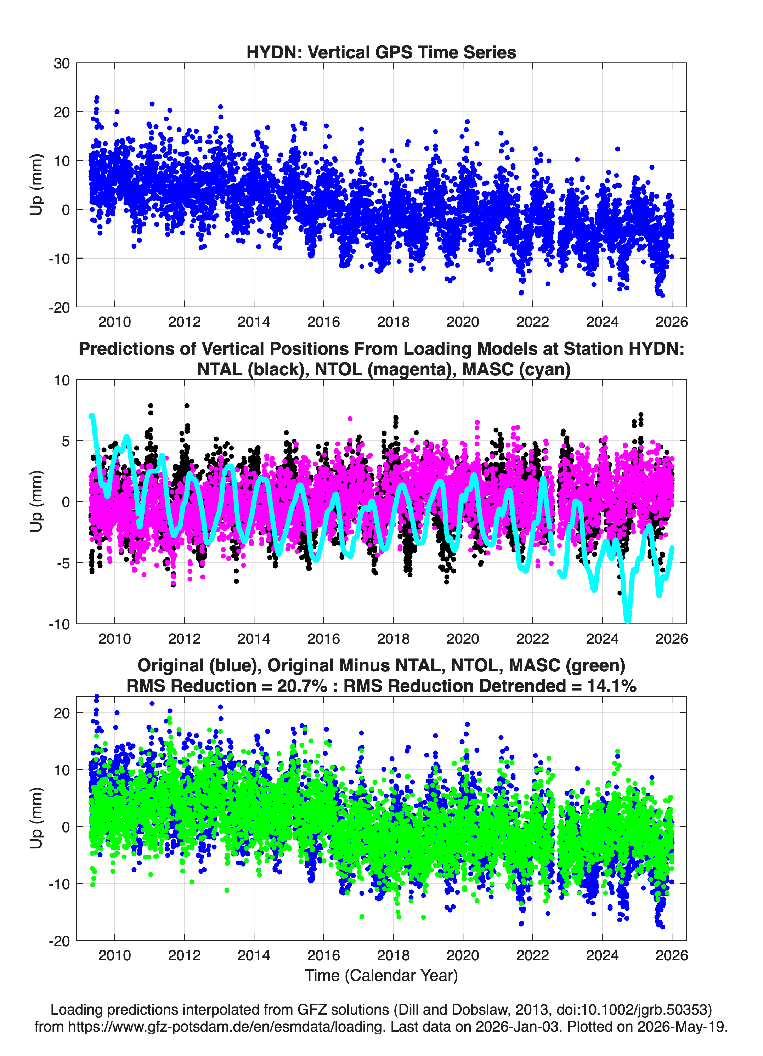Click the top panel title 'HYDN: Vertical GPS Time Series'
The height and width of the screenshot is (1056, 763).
[x=381, y=52]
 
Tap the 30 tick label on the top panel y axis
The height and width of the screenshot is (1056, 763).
[x=62, y=63]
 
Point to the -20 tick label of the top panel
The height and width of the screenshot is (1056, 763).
[x=59, y=307]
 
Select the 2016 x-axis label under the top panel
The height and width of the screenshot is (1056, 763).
[x=323, y=322]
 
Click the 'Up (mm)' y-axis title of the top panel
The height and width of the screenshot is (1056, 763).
[x=36, y=185]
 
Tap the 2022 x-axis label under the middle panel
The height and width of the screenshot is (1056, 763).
[x=532, y=638]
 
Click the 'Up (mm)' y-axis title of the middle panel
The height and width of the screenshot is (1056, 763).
[x=36, y=501]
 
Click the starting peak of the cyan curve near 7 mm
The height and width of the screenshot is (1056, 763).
[x=92, y=416]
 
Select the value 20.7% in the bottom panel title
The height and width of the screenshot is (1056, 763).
[x=302, y=686]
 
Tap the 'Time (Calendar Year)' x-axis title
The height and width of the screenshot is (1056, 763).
[x=381, y=975]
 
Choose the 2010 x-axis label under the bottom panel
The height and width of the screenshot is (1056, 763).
[x=114, y=955]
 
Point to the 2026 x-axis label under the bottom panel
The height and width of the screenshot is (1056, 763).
[x=672, y=955]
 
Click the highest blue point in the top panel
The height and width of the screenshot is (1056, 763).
[x=97, y=98]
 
